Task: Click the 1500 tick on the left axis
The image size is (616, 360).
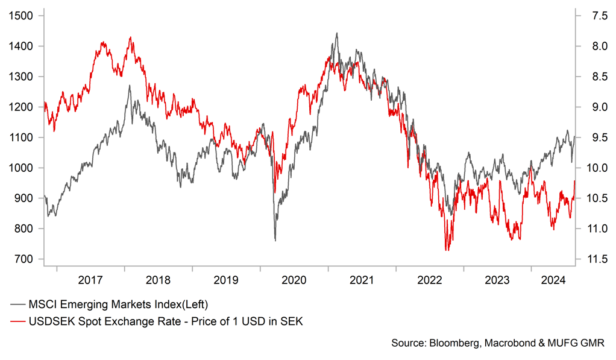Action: click(x=22, y=16)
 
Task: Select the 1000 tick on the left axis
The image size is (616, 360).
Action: click(x=22, y=168)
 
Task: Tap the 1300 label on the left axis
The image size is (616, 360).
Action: click(x=22, y=77)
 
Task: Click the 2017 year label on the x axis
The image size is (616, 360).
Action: click(x=90, y=280)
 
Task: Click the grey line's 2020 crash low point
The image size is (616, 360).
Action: click(x=275, y=241)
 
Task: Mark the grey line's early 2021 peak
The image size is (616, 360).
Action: click(x=336, y=33)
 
